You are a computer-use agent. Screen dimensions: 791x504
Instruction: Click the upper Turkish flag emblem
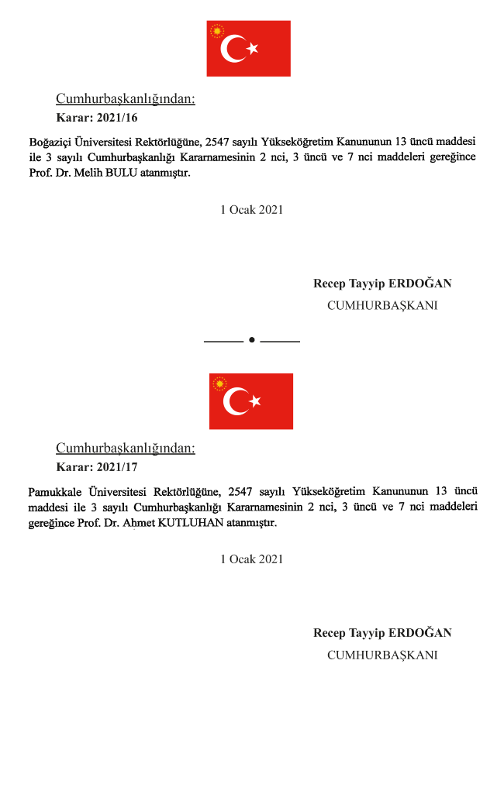coord(248,48)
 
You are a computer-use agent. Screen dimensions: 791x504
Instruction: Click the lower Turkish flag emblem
coord(250,401)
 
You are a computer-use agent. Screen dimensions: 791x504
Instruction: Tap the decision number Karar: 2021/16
coord(97,118)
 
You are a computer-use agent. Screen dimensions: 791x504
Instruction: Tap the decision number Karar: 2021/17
coord(97,467)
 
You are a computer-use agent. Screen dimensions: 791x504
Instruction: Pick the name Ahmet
coord(116,523)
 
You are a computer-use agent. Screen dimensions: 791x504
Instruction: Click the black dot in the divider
coord(252,340)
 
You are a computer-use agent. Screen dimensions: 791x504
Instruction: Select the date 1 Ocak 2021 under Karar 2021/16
coord(251,209)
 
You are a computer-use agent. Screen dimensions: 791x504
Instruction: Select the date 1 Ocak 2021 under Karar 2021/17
coord(251,559)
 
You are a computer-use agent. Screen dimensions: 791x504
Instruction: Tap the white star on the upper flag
coord(252,49)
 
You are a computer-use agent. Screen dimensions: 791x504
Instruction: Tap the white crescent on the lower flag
coord(235,401)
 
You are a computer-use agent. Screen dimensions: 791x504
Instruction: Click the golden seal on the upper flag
coord(217,32)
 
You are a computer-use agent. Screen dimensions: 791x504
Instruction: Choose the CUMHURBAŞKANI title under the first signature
coord(381,305)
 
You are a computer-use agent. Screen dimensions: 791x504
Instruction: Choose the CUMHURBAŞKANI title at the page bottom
coord(381,655)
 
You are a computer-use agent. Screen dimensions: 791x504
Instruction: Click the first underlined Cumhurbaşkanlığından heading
coord(125,99)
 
